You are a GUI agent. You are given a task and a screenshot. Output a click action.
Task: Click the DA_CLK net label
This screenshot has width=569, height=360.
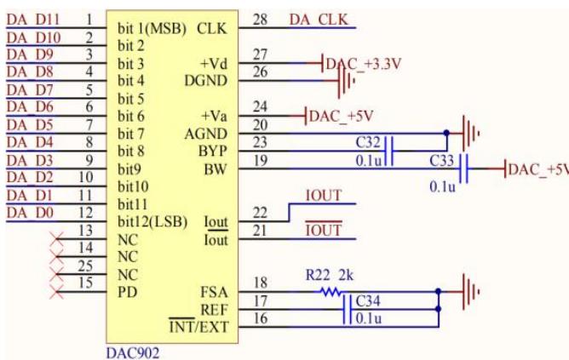tap(319, 20)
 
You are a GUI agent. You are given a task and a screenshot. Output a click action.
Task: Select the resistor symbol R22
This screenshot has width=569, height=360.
tap(330, 291)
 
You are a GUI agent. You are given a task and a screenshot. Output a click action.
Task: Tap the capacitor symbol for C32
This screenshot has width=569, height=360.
tap(389, 151)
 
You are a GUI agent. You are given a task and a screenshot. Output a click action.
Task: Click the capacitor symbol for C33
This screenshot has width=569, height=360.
tap(463, 169)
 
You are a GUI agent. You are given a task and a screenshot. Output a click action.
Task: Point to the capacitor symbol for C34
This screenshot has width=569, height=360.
tap(348, 309)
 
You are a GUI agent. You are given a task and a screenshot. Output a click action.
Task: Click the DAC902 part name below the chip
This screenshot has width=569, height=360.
tap(132, 352)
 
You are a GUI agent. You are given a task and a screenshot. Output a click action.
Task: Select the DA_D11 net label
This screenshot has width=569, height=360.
tap(33, 20)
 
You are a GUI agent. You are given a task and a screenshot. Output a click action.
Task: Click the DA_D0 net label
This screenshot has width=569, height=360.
tap(30, 213)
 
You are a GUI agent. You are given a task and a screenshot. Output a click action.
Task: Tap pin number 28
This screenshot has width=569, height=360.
tap(260, 20)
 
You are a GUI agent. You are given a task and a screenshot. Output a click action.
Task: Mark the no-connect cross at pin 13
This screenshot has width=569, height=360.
tap(57, 239)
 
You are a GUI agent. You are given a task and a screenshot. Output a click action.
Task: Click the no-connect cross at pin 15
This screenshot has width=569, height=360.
tap(57, 292)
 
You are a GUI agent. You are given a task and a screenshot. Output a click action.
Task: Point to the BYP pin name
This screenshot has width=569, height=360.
tap(212, 151)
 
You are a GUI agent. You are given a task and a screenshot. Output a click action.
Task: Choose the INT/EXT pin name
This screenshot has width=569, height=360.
tap(198, 327)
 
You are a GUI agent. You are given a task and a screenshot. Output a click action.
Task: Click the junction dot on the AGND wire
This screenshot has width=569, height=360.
tap(446, 133)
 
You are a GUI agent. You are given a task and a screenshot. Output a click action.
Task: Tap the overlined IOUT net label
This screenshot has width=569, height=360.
tap(324, 229)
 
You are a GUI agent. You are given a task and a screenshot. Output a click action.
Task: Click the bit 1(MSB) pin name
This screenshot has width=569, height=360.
tap(152, 29)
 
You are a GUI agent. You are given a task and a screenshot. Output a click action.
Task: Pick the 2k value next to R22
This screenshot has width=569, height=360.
tap(346, 276)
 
